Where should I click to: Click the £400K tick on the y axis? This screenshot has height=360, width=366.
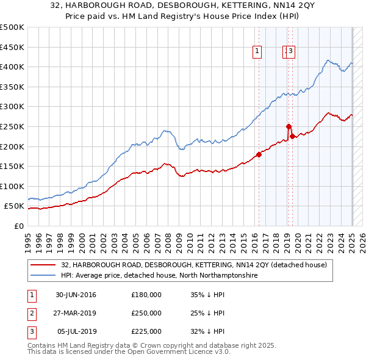point(13,67)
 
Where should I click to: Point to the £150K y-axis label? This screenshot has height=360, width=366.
point(13,166)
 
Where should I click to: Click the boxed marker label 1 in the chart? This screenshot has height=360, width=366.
point(258,52)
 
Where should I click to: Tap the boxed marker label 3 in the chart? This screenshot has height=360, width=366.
point(291,52)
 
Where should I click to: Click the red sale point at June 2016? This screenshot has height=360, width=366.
point(259,154)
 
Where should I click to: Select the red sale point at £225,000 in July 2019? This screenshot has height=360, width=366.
point(292,137)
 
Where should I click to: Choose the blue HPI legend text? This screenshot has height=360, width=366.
point(159,276)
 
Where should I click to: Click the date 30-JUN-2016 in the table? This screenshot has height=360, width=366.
point(76,295)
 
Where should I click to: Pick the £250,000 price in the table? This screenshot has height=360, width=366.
point(146,313)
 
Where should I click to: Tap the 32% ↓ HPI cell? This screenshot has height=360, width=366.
point(207,331)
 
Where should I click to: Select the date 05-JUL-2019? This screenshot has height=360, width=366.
point(76,331)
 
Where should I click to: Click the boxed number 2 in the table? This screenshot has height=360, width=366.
point(30,313)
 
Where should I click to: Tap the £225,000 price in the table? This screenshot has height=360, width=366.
point(146,331)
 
